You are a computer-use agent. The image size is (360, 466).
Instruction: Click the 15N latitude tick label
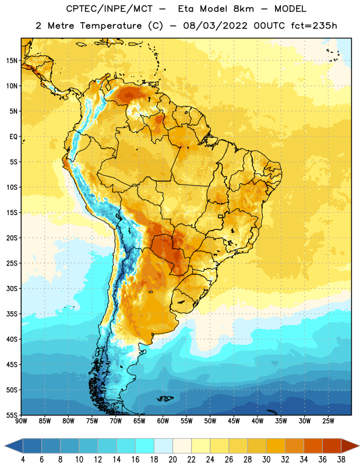point(12,61)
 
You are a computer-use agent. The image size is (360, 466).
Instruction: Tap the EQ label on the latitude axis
point(13,137)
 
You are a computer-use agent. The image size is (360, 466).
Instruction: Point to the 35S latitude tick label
point(12,314)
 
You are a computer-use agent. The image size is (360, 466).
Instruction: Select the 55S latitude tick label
point(12,415)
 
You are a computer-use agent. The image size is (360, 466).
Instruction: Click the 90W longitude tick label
point(21,421)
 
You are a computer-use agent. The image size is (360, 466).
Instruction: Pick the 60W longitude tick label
point(163,421)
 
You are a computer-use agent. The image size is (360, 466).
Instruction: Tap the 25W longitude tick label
point(328,421)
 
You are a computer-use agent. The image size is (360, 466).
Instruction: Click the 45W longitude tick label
point(234,421)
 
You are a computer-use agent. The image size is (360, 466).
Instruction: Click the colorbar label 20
point(172,460)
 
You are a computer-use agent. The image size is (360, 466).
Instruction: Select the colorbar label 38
point(341,460)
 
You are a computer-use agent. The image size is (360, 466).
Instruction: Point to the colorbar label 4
point(23,460)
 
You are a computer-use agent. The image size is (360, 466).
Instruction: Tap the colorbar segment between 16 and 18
point(144,446)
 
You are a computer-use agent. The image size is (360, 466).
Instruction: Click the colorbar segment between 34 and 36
point(313,446)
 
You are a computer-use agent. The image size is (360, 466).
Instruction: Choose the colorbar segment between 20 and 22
point(182,446)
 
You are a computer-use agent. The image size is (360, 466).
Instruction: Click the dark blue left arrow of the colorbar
point(14,446)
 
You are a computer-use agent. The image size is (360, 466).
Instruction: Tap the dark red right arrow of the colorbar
point(350,446)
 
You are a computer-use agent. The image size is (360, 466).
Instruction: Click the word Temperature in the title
point(111,26)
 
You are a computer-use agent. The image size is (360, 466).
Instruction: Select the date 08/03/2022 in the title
point(215,26)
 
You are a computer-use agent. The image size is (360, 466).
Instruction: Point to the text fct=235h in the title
point(314,26)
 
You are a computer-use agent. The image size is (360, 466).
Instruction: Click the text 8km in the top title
point(243,9)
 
